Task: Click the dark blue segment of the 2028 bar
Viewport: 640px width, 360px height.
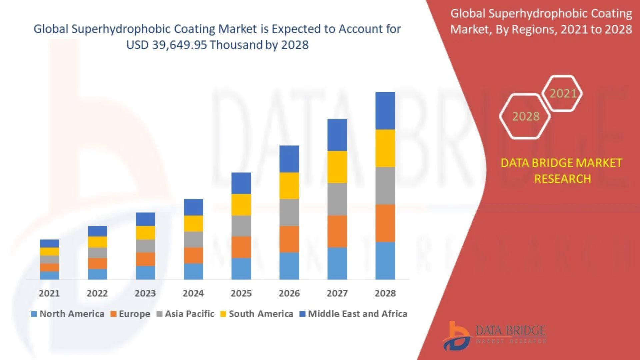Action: tap(385, 111)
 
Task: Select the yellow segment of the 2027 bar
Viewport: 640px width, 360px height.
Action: tap(337, 167)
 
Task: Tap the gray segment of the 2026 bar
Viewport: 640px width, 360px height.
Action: tap(289, 212)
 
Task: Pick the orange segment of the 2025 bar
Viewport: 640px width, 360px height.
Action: tap(241, 247)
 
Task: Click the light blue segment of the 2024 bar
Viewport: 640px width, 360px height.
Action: tap(193, 271)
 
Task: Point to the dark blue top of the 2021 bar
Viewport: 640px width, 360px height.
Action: tap(49, 243)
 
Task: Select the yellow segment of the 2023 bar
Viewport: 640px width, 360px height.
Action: tap(145, 233)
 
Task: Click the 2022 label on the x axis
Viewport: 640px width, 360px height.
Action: tap(97, 293)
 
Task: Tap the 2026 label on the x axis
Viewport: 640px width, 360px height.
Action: tap(289, 293)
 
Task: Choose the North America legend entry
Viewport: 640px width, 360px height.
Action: tap(68, 314)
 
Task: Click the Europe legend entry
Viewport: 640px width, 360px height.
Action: tap(130, 314)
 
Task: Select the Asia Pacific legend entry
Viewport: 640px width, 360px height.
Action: tap(185, 314)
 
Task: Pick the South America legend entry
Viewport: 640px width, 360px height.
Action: tap(257, 314)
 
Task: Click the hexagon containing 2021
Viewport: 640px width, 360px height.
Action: tap(562, 93)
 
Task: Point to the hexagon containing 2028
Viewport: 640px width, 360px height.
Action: tap(525, 116)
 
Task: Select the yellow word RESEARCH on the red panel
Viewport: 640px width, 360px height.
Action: tap(562, 179)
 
